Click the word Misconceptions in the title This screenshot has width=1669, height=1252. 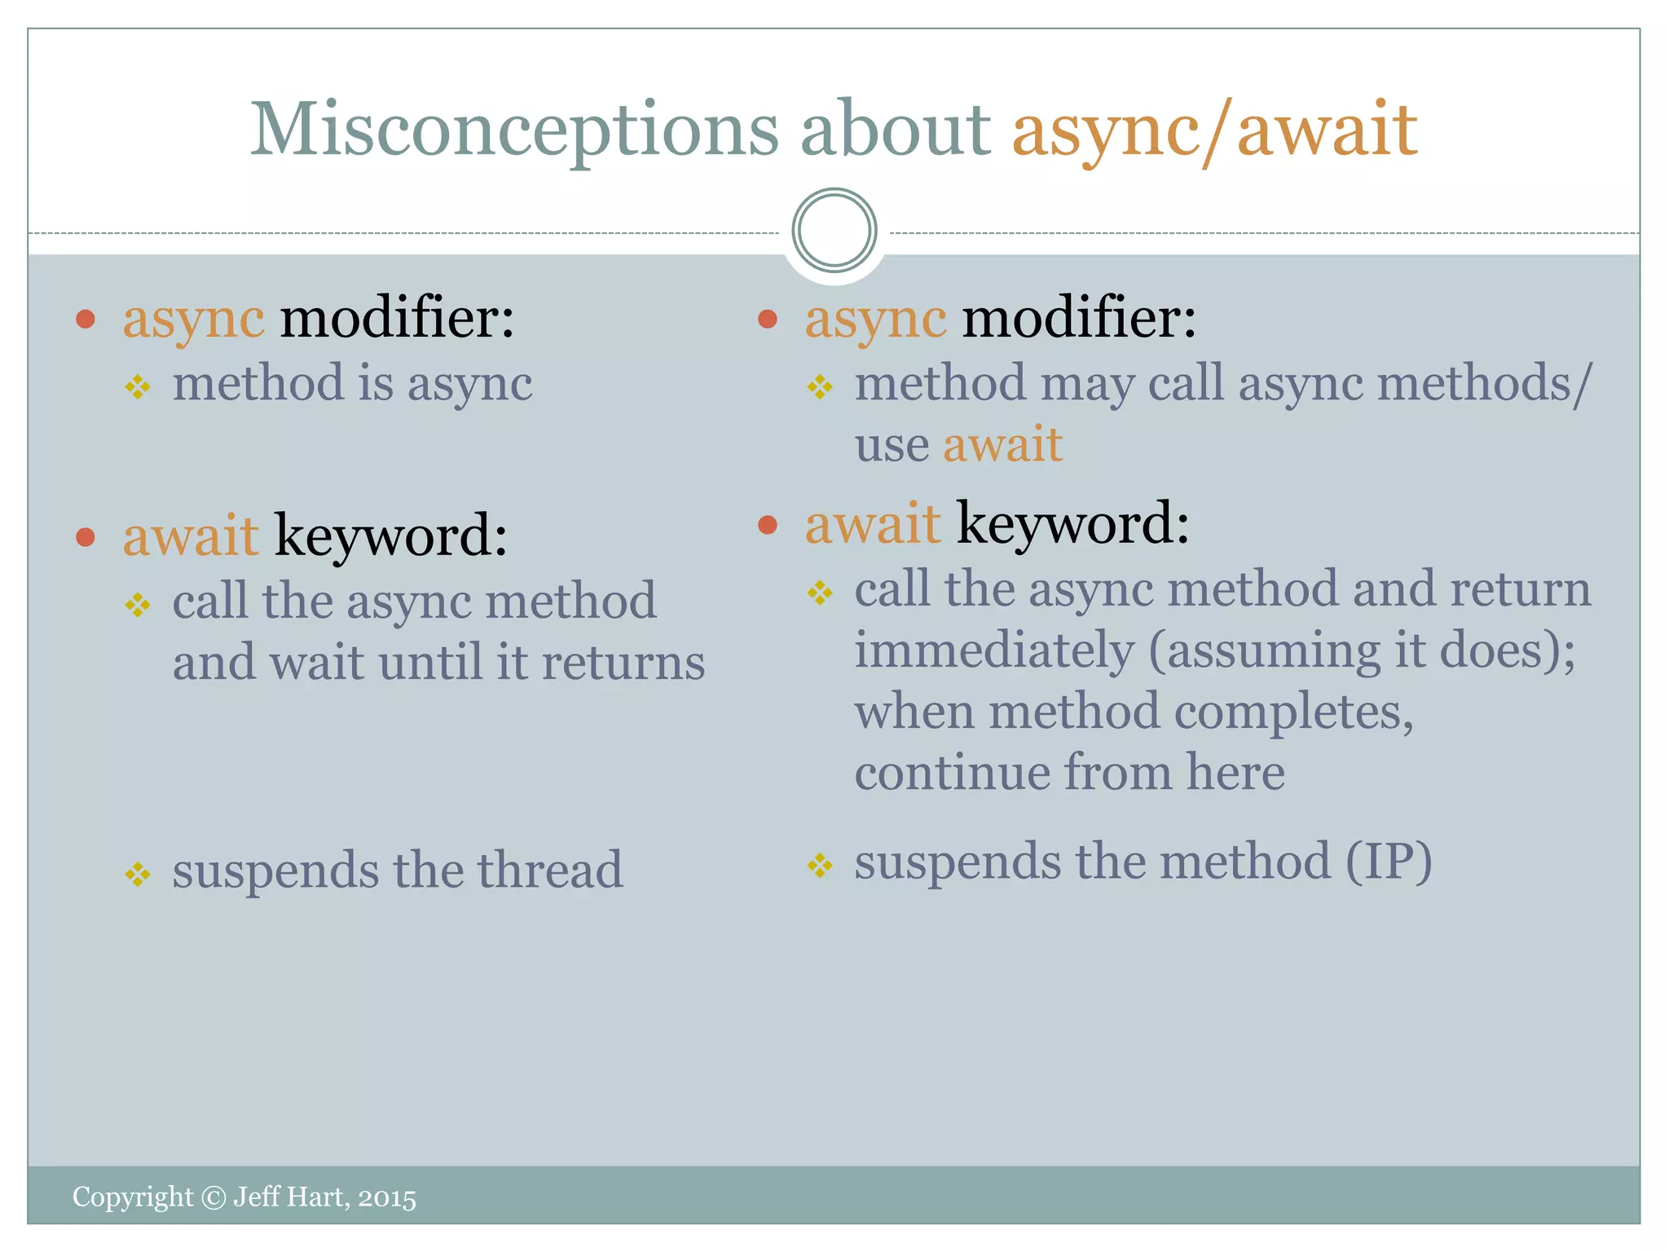pos(513,130)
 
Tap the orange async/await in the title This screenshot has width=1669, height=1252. pos(1214,130)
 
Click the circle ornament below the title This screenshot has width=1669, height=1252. pos(834,231)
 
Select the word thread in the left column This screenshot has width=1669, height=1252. pos(550,870)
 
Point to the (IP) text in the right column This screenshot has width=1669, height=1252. pos(1388,862)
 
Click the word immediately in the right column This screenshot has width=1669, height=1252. pos(994,650)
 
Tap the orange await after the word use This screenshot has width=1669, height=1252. pos(1002,445)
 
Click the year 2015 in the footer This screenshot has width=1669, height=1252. pos(387,1198)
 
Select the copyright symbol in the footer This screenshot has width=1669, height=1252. pos(213,1197)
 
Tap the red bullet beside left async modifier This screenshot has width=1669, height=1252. pos(86,319)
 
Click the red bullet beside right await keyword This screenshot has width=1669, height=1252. pos(767,524)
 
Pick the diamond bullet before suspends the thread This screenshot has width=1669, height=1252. pos(138,875)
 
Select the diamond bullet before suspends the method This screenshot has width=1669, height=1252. pos(820,865)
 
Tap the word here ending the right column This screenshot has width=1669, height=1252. pos(1235,772)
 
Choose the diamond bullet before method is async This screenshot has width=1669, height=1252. pos(138,386)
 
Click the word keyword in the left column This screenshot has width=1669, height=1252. pos(391,536)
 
